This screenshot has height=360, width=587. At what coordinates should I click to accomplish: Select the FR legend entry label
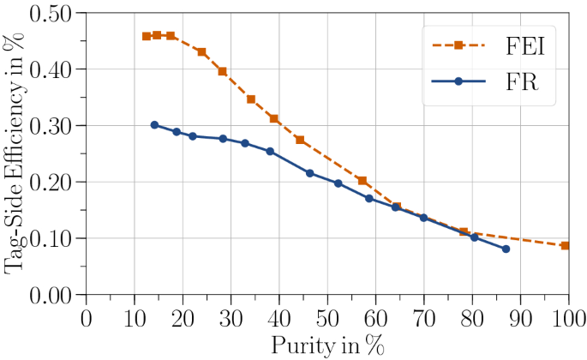point(522,81)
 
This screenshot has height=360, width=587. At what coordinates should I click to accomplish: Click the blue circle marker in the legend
point(458,81)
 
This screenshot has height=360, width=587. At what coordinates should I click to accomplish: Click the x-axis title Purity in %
point(327,345)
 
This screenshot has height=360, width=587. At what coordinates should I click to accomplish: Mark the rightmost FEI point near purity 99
point(565,245)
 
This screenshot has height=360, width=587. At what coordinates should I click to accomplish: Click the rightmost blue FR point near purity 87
point(506,249)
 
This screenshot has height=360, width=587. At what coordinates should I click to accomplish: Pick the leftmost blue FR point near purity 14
point(154,124)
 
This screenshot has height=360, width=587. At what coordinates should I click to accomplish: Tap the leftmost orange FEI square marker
point(147,36)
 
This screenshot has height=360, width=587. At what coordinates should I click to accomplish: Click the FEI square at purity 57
point(362,181)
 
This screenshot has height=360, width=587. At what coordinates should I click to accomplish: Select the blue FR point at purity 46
point(309,172)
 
